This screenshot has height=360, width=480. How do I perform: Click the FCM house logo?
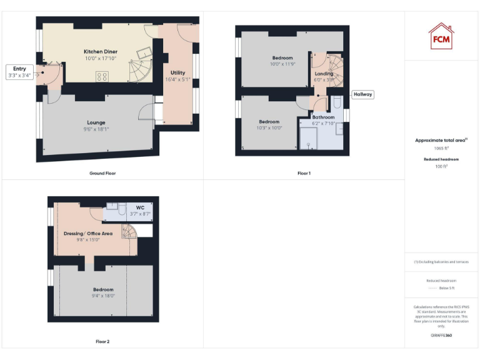tap(441, 37)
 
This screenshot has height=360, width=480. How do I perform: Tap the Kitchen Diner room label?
tap(101, 51)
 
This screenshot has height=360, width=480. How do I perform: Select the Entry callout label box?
tap(19, 72)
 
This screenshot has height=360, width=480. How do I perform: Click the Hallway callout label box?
tap(362, 94)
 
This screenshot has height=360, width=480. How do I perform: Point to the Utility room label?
tap(177, 72)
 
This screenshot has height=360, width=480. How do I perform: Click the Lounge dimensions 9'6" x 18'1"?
tap(96, 129)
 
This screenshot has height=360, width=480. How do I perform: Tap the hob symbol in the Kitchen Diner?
tap(102, 77)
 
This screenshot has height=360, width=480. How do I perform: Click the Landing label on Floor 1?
tap(324, 73)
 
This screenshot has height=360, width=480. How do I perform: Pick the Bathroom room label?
tap(324, 117)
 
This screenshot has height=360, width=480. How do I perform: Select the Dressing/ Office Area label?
tap(87, 233)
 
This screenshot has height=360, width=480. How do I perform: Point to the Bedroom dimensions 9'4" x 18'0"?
tap(103, 296)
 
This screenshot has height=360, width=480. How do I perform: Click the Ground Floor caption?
tap(102, 173)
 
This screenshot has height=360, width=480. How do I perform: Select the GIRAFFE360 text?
tap(441, 336)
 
